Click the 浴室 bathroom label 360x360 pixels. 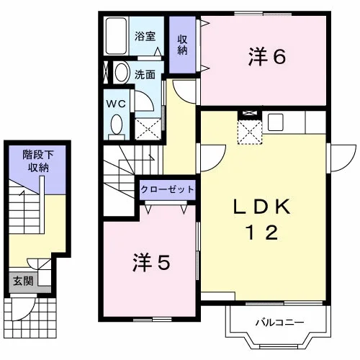[145, 36]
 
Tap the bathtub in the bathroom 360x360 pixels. [116, 36]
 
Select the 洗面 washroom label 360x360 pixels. [145, 75]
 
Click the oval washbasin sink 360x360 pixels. [122, 73]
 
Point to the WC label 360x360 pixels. [116, 104]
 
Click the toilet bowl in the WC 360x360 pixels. [117, 125]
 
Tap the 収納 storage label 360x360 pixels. [182, 45]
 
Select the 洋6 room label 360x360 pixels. [267, 57]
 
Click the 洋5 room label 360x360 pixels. [152, 263]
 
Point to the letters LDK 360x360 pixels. [262, 207]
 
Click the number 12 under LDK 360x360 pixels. [262, 233]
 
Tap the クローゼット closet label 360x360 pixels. [167, 189]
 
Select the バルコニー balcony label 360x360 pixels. [279, 323]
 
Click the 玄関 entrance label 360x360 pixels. [23, 281]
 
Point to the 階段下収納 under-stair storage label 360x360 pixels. [38, 161]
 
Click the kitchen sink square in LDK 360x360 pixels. [276, 122]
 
